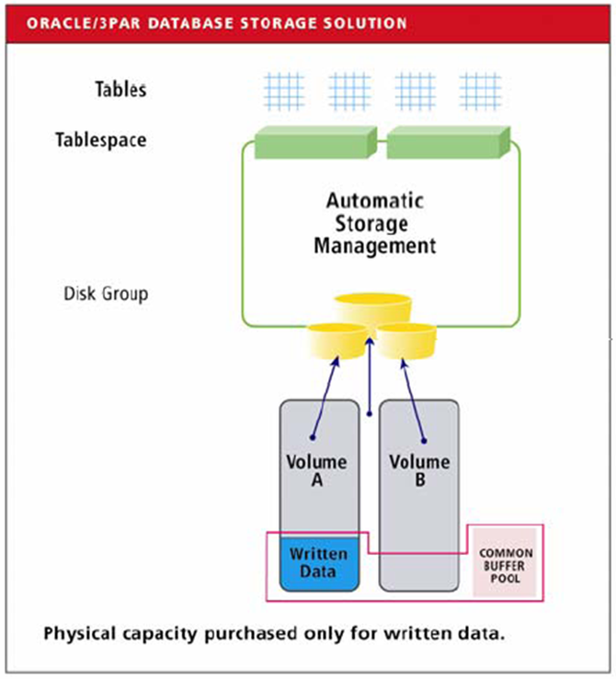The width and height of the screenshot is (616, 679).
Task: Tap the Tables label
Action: tap(120, 89)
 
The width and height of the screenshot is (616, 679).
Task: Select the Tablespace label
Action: tap(100, 141)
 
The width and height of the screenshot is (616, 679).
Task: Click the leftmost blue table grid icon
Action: tap(283, 91)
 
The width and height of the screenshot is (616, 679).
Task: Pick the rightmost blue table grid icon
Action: tap(480, 91)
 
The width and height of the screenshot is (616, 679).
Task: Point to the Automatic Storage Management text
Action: tap(374, 223)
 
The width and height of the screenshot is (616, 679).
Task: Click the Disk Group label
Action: tap(106, 294)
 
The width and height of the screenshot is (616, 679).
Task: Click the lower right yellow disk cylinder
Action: tap(405, 341)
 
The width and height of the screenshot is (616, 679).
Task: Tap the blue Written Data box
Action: tap(318, 562)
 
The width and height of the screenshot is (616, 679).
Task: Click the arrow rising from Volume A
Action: tap(325, 396)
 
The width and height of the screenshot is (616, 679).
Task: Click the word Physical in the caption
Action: tap(81, 634)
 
